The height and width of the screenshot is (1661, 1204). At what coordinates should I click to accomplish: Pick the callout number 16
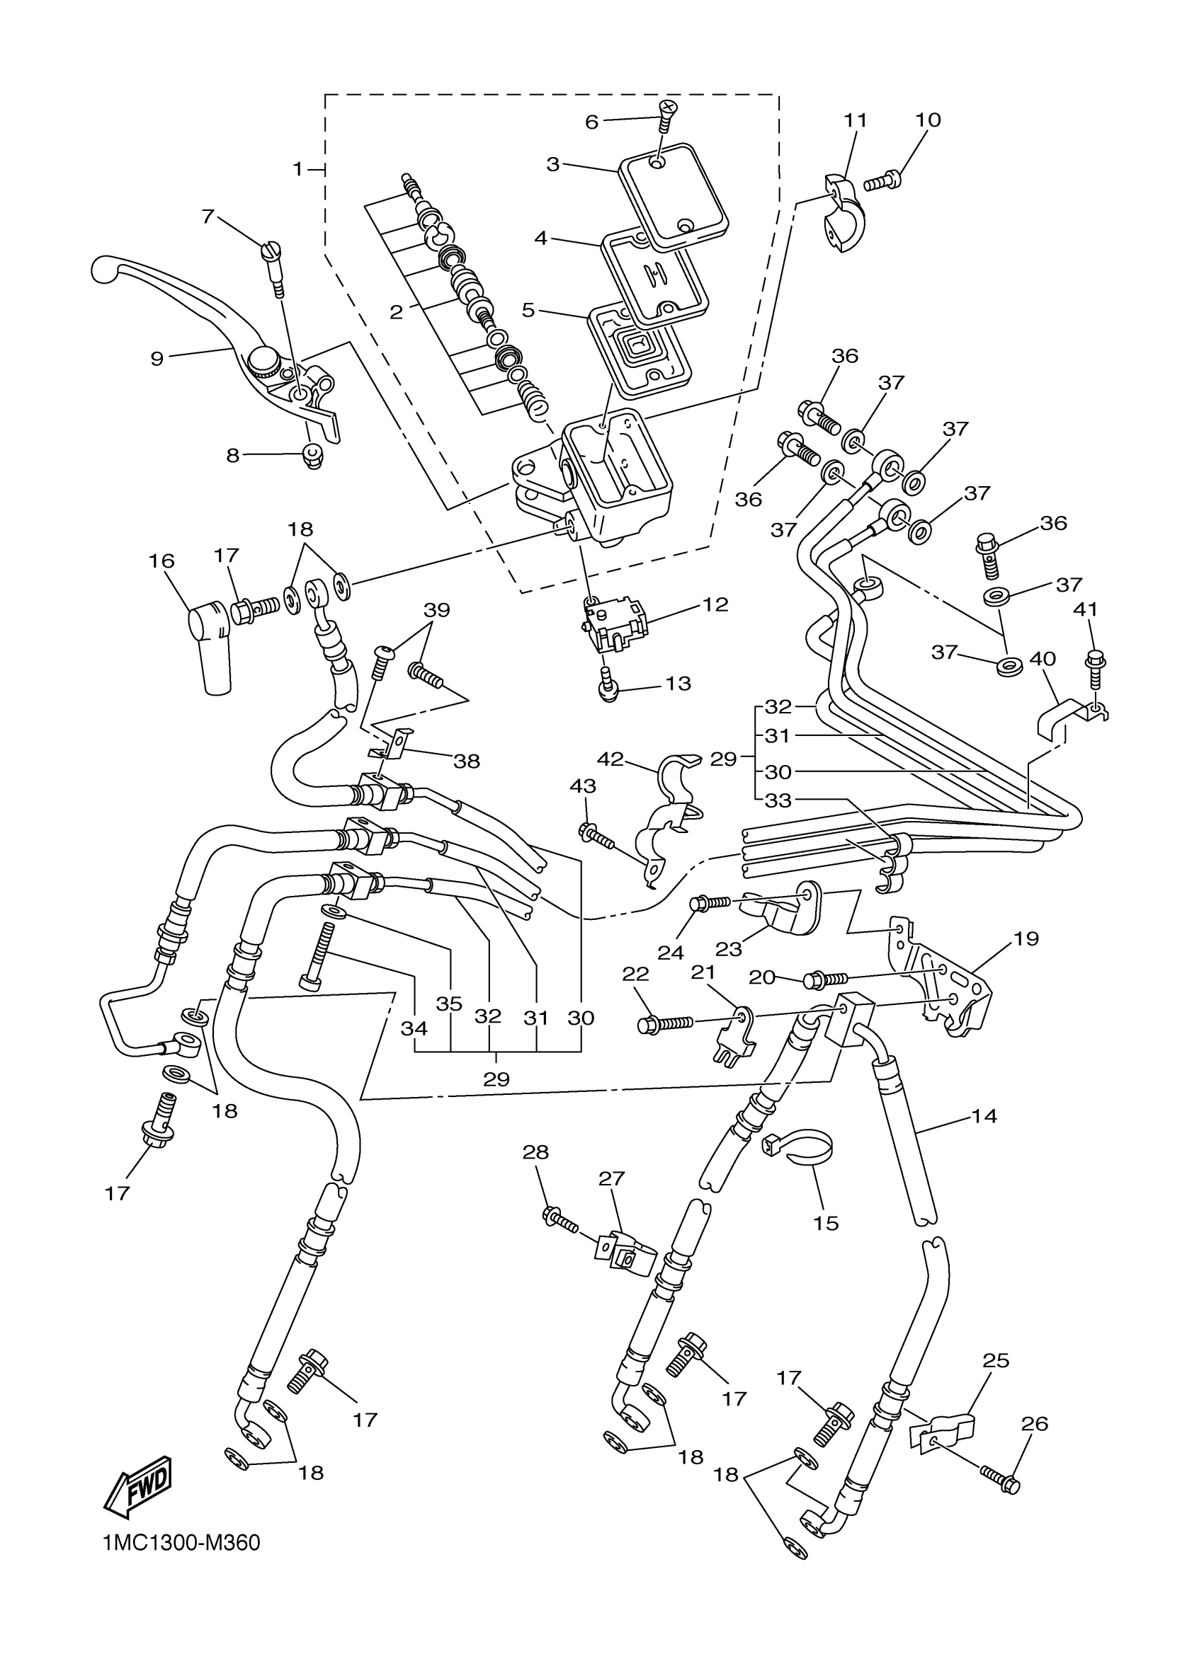click(162, 561)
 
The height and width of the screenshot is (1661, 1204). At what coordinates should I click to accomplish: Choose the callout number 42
click(610, 759)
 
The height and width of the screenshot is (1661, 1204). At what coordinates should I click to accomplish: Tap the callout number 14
click(984, 1116)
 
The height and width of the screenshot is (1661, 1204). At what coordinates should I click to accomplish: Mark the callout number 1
click(297, 169)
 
